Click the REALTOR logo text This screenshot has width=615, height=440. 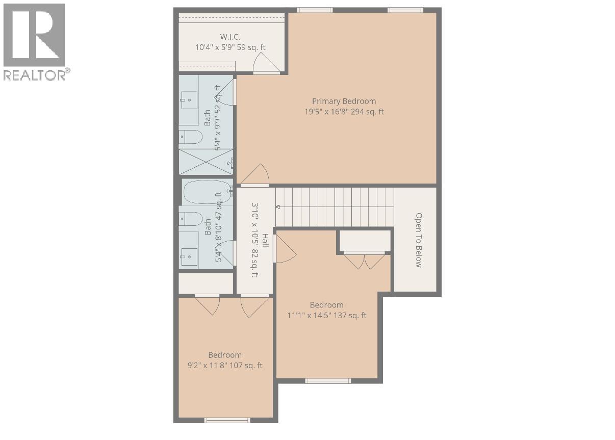click(35, 75)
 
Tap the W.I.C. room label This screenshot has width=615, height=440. click(230, 37)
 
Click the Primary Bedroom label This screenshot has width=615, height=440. click(344, 101)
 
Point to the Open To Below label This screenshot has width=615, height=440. click(418, 240)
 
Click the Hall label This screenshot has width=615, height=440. click(265, 240)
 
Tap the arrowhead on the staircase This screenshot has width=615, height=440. click(278, 207)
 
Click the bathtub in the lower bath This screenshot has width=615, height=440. click(207, 192)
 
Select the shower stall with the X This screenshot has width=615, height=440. click(206, 163)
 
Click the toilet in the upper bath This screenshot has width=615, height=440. click(191, 137)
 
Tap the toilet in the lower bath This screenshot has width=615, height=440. click(191, 219)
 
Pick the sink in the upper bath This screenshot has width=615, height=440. click(189, 101)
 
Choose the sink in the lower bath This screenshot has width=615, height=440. click(189, 255)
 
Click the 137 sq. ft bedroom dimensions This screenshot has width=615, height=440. click(327, 316)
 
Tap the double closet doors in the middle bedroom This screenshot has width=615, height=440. click(364, 260)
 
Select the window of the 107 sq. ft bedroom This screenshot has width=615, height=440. click(227, 420)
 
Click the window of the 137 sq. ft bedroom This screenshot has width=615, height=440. click(327, 380)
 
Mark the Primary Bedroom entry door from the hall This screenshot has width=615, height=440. click(255, 176)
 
